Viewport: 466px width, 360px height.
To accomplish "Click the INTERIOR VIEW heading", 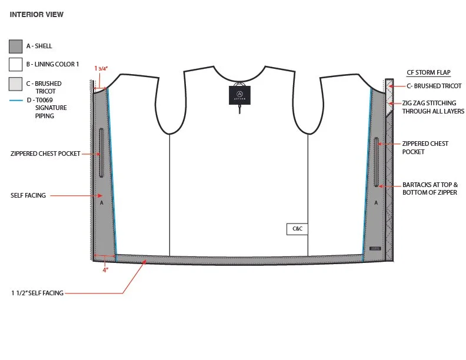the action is click(36, 14).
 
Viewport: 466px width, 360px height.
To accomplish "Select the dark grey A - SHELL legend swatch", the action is click(16, 46).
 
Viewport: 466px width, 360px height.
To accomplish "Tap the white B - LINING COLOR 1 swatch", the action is click(16, 64).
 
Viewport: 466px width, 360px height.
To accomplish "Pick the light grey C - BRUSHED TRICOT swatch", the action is click(16, 84).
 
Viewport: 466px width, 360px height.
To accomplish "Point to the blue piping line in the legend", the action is click(16, 101).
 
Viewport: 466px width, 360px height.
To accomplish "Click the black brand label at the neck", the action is click(239, 94).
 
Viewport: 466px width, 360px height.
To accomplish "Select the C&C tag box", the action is click(297, 229).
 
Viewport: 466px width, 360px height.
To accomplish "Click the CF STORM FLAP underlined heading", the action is click(428, 72).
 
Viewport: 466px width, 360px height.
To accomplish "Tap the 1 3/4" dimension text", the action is click(101, 68).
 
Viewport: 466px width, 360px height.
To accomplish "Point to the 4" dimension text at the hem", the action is click(105, 270).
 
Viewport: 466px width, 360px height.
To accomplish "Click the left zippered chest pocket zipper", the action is click(101, 153).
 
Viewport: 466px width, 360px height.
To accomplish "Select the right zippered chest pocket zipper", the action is click(377, 160).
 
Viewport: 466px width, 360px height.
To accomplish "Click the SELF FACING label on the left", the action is click(36, 195).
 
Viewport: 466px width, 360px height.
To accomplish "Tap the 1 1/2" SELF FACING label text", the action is click(37, 292).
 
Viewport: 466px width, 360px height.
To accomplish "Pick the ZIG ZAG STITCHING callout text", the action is click(433, 107).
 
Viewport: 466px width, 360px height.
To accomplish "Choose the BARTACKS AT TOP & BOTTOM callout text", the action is click(430, 188).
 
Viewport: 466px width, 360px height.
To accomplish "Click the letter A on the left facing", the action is click(102, 202).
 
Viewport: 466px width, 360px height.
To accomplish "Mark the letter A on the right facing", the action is click(376, 202).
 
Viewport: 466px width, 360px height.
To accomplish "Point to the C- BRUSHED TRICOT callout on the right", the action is click(432, 86).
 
